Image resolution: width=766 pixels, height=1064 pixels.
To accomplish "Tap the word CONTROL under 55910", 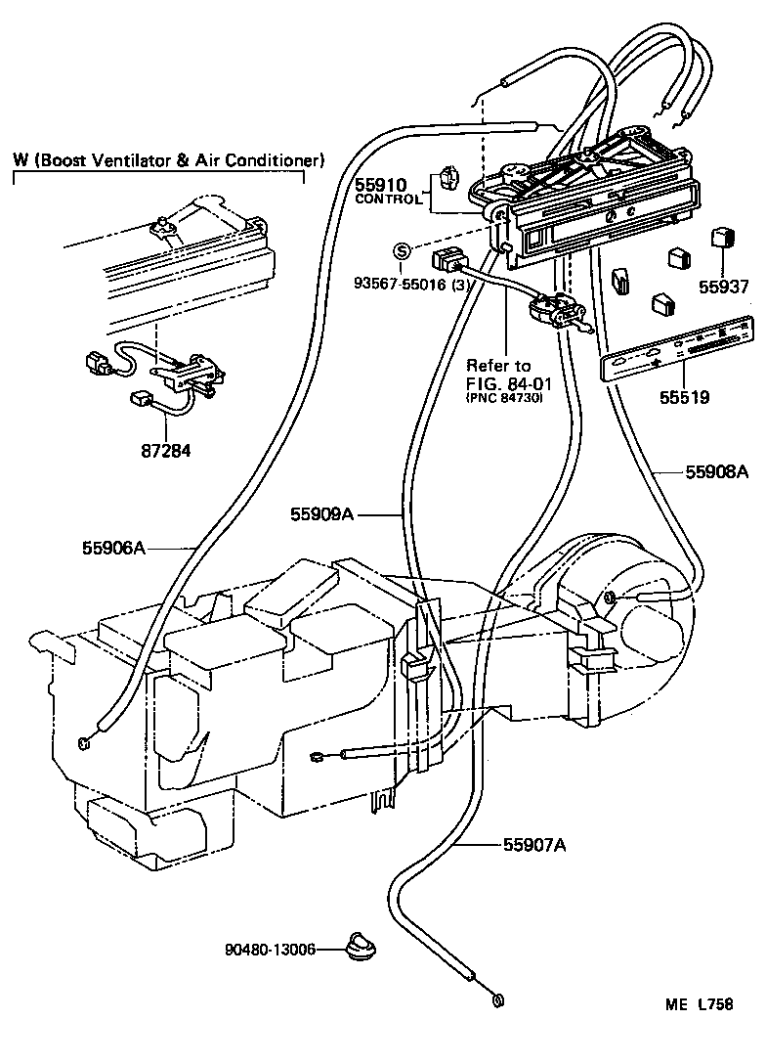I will [388, 199].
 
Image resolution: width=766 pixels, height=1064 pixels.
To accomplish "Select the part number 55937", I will [724, 287].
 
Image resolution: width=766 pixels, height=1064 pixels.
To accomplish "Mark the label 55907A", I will [534, 844].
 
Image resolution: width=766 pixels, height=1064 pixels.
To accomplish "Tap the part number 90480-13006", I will [271, 949].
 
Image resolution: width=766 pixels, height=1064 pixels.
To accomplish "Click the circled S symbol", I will [402, 251].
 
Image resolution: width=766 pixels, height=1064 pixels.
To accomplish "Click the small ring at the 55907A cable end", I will [499, 998].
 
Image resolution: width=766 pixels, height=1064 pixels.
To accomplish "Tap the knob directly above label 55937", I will [722, 238].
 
